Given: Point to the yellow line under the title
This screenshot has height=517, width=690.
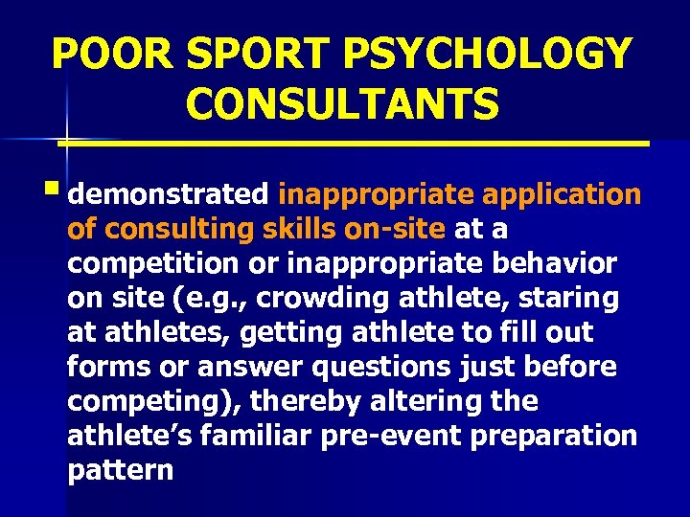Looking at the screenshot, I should (355, 144).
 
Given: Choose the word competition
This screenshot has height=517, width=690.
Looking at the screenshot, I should (149, 263).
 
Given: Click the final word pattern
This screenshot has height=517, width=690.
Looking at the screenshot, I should (121, 470).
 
